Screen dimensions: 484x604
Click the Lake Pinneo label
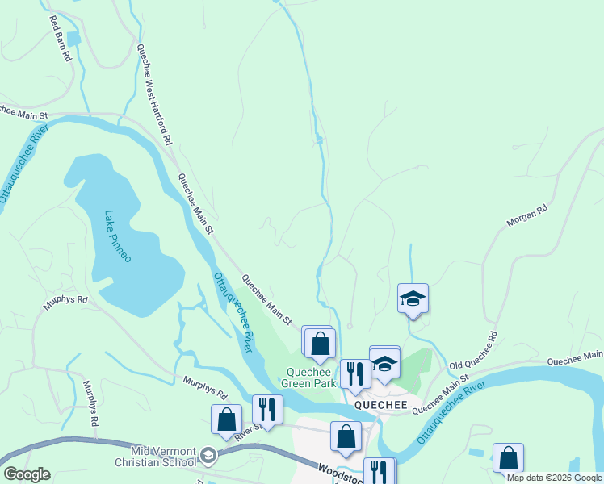[118, 236]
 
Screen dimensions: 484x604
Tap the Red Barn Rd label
[61, 39]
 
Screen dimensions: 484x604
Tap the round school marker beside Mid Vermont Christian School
[209, 456]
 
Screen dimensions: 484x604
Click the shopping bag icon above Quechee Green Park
[321, 343]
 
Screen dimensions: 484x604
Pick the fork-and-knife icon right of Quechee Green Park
[354, 373]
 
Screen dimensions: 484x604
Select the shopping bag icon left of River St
[226, 419]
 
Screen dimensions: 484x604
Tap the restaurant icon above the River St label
[267, 409]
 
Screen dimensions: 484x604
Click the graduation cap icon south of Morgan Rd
[413, 298]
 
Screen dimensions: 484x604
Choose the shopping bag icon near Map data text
[508, 457]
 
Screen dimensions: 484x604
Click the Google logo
[26, 474]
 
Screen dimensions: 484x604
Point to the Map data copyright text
[553, 478]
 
